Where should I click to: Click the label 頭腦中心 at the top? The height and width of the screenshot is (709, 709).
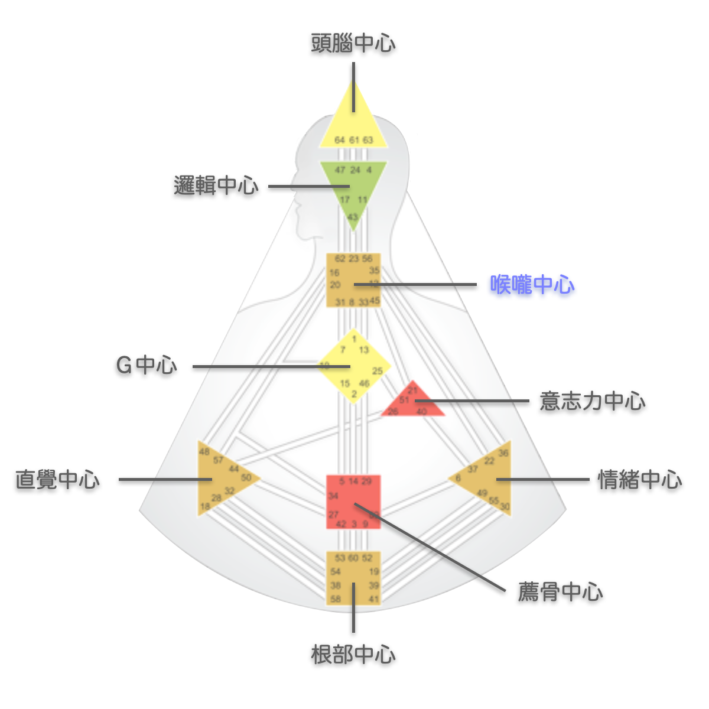(353, 43)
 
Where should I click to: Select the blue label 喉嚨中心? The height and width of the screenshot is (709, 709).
(532, 285)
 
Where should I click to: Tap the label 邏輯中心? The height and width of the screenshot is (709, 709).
(216, 186)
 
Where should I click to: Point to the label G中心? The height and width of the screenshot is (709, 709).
(147, 365)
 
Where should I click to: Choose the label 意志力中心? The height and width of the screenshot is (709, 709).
(592, 401)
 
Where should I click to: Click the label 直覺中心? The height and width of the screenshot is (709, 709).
(57, 479)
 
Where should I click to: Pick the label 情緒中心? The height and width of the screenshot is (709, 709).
(640, 479)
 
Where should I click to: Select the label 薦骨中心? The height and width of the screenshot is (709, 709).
(560, 591)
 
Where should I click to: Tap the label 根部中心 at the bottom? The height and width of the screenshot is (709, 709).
(353, 655)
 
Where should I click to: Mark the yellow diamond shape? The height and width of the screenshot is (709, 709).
(353, 366)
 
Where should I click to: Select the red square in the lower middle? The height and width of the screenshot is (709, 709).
(353, 502)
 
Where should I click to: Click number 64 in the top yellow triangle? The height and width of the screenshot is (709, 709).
(339, 140)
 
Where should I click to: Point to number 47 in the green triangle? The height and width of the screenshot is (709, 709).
(340, 170)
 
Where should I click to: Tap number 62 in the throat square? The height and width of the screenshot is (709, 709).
(340, 259)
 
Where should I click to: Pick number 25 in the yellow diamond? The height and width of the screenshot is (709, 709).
(378, 371)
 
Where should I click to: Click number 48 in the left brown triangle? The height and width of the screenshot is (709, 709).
(204, 452)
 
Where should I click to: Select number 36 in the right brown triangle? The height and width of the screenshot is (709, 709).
(503, 453)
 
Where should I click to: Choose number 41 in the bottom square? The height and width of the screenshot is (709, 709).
(373, 599)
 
